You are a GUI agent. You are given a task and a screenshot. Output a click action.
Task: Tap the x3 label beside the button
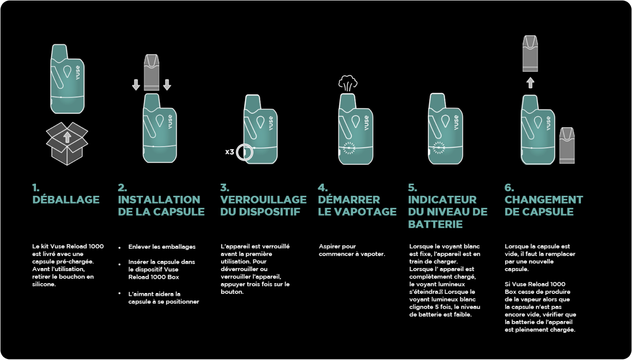point(229,152)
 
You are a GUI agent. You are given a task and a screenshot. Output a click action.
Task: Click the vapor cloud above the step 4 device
point(348,83)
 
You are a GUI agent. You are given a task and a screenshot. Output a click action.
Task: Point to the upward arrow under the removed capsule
point(530,83)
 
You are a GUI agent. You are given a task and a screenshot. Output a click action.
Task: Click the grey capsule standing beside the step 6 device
point(567,145)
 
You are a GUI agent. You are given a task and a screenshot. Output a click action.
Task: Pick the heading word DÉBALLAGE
point(66,200)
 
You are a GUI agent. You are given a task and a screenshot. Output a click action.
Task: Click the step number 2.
point(122,188)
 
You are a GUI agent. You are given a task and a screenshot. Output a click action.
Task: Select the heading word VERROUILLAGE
point(263,200)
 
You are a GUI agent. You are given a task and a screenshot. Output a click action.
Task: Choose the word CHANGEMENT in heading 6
point(544,200)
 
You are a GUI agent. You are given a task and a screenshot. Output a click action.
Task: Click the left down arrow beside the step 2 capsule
point(136,85)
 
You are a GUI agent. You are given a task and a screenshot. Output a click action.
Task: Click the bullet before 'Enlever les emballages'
point(120,247)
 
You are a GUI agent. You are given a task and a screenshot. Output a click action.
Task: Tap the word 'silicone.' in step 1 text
point(44,284)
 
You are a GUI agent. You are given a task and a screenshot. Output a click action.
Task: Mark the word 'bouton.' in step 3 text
point(232,292)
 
